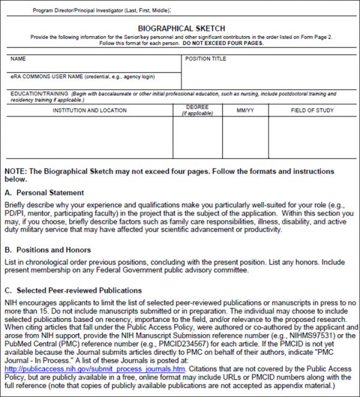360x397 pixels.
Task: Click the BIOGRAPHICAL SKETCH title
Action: pos(181,28)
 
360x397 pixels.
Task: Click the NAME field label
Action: pos(19,59)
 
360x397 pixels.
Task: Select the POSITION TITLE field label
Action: pos(206,59)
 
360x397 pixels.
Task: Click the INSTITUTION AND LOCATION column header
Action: pos(89,110)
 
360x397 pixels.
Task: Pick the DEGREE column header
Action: pos(197,107)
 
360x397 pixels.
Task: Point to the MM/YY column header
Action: pos(245,110)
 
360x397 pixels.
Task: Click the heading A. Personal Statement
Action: pos(44,193)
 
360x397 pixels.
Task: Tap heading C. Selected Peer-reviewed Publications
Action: pos(73,290)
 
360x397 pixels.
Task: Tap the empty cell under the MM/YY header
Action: pos(245,138)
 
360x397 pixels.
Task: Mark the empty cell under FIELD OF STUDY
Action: pos(311,138)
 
